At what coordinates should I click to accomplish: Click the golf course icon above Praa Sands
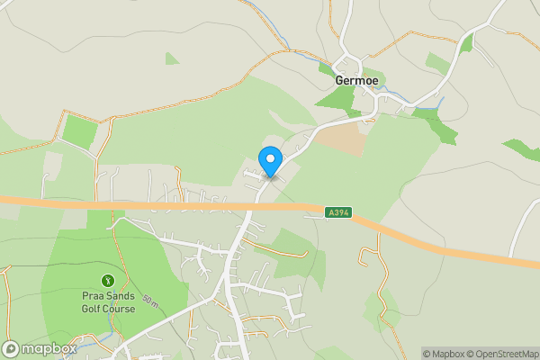pos(108,281)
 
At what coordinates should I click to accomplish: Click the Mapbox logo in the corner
pos(40,349)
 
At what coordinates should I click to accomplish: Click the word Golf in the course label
pos(87,309)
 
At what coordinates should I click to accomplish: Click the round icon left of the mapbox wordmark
pos(11,349)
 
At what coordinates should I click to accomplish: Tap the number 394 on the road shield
pos(342,212)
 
